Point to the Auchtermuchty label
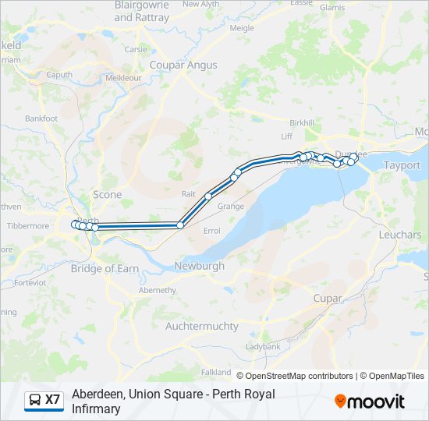[202, 326]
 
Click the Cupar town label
[328, 298]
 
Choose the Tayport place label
[402, 165]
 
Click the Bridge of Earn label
[105, 268]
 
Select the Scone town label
[108, 194]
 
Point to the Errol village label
[211, 231]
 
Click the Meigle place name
[242, 27]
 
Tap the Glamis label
[332, 7]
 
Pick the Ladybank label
[263, 345]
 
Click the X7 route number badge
[52, 400]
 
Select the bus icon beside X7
[35, 400]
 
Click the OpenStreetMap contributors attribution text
[299, 376]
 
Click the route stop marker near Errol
[180, 225]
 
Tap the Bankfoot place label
[41, 119]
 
